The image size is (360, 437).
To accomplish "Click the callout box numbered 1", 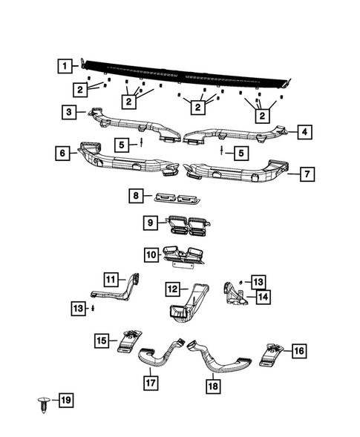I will (66, 65).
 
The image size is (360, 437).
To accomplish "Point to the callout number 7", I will (305, 174).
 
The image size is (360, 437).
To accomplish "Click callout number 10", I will (150, 254).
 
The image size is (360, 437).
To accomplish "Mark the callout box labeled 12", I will (171, 288).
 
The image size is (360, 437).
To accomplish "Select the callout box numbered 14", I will (262, 297).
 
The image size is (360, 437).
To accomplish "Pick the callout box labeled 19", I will (65, 401).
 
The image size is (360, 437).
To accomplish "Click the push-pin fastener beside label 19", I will (42, 404).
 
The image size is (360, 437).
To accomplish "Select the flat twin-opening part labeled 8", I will (175, 197).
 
